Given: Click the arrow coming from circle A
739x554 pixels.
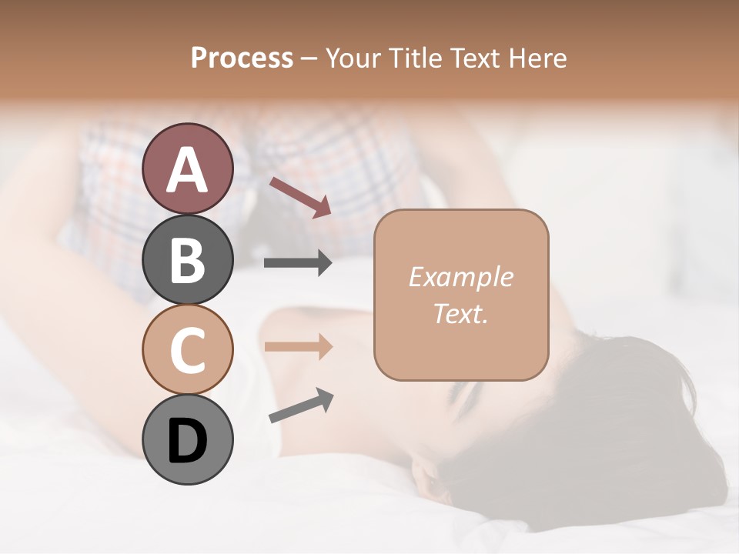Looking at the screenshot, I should [x=300, y=197].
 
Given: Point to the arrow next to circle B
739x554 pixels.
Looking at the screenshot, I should [x=298, y=263].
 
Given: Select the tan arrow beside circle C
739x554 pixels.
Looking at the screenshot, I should [x=298, y=347].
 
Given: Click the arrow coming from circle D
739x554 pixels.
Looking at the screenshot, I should [x=301, y=405].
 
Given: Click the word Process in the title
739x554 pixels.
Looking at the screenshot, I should [x=242, y=58].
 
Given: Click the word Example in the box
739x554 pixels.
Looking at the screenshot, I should [x=460, y=277].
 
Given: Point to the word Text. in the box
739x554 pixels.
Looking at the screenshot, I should [x=460, y=313].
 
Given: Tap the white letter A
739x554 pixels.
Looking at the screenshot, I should [x=187, y=169].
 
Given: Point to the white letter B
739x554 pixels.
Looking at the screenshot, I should [x=187, y=260].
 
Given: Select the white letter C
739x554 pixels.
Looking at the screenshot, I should [x=187, y=350].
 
